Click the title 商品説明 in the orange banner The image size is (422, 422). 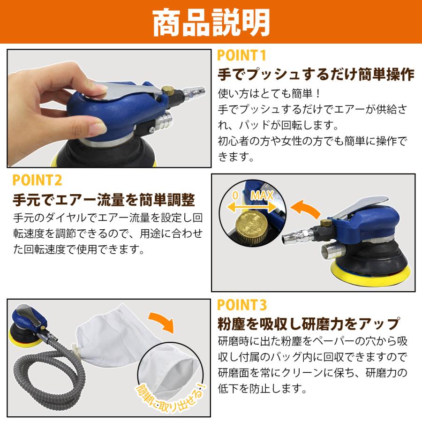coord(211,22)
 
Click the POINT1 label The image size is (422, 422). coord(241,55)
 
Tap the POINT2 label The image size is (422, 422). coord(37,181)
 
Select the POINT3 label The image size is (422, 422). coord(242,305)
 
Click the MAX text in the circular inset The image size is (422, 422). coord(262,196)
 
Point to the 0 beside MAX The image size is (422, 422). coord(235,196)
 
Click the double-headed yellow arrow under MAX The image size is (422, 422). coord(252,207)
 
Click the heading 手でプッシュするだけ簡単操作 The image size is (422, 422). coord(316,75)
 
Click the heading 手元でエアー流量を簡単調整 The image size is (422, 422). coord(104,200)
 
